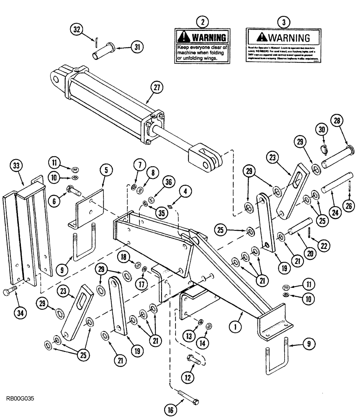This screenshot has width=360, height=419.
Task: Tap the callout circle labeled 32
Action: click(x=76, y=30)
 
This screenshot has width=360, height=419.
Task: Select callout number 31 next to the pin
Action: click(x=135, y=47)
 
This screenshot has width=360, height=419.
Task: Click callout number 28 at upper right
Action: click(x=338, y=121)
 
